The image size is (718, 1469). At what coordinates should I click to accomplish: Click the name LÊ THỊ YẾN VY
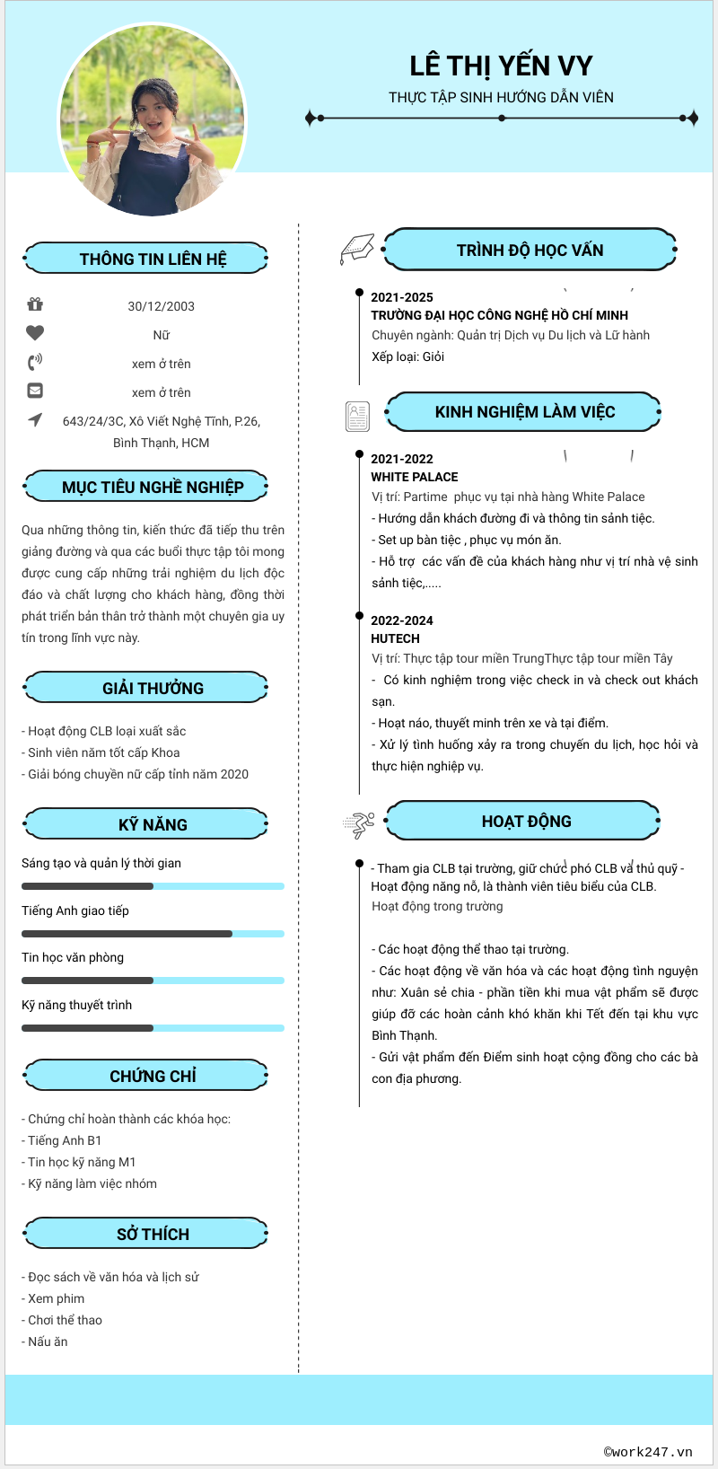tap(501, 66)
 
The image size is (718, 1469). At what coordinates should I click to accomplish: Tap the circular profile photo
tap(153, 120)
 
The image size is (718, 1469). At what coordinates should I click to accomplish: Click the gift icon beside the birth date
tap(35, 304)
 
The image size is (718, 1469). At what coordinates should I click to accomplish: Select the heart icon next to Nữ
tap(35, 333)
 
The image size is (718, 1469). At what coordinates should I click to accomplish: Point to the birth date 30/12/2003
tap(162, 306)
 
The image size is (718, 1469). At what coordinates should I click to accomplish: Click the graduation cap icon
tap(357, 249)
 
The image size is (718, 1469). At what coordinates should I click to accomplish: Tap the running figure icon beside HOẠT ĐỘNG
tap(358, 823)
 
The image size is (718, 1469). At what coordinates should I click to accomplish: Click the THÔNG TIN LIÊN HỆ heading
tap(153, 259)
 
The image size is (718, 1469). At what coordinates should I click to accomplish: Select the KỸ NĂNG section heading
tap(153, 824)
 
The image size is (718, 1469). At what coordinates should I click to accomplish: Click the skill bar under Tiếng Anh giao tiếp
tap(153, 934)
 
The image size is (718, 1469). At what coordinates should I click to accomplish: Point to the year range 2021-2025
tap(402, 297)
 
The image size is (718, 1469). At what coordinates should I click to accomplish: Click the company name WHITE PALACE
tap(415, 477)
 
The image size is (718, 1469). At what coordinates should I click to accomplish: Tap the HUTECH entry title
tap(396, 638)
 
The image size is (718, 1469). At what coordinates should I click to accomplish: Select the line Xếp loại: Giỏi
tap(408, 356)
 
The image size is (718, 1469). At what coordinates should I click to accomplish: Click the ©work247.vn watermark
tap(648, 1451)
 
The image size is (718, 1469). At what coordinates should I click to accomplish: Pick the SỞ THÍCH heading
tap(153, 1234)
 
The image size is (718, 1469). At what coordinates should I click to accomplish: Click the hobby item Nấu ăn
tap(48, 1341)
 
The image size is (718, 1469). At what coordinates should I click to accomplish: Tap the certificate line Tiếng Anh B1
tap(65, 1140)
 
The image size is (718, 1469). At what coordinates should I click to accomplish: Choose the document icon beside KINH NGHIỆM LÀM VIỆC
tap(357, 416)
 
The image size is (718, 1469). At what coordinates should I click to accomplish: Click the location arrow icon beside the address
tap(35, 419)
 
